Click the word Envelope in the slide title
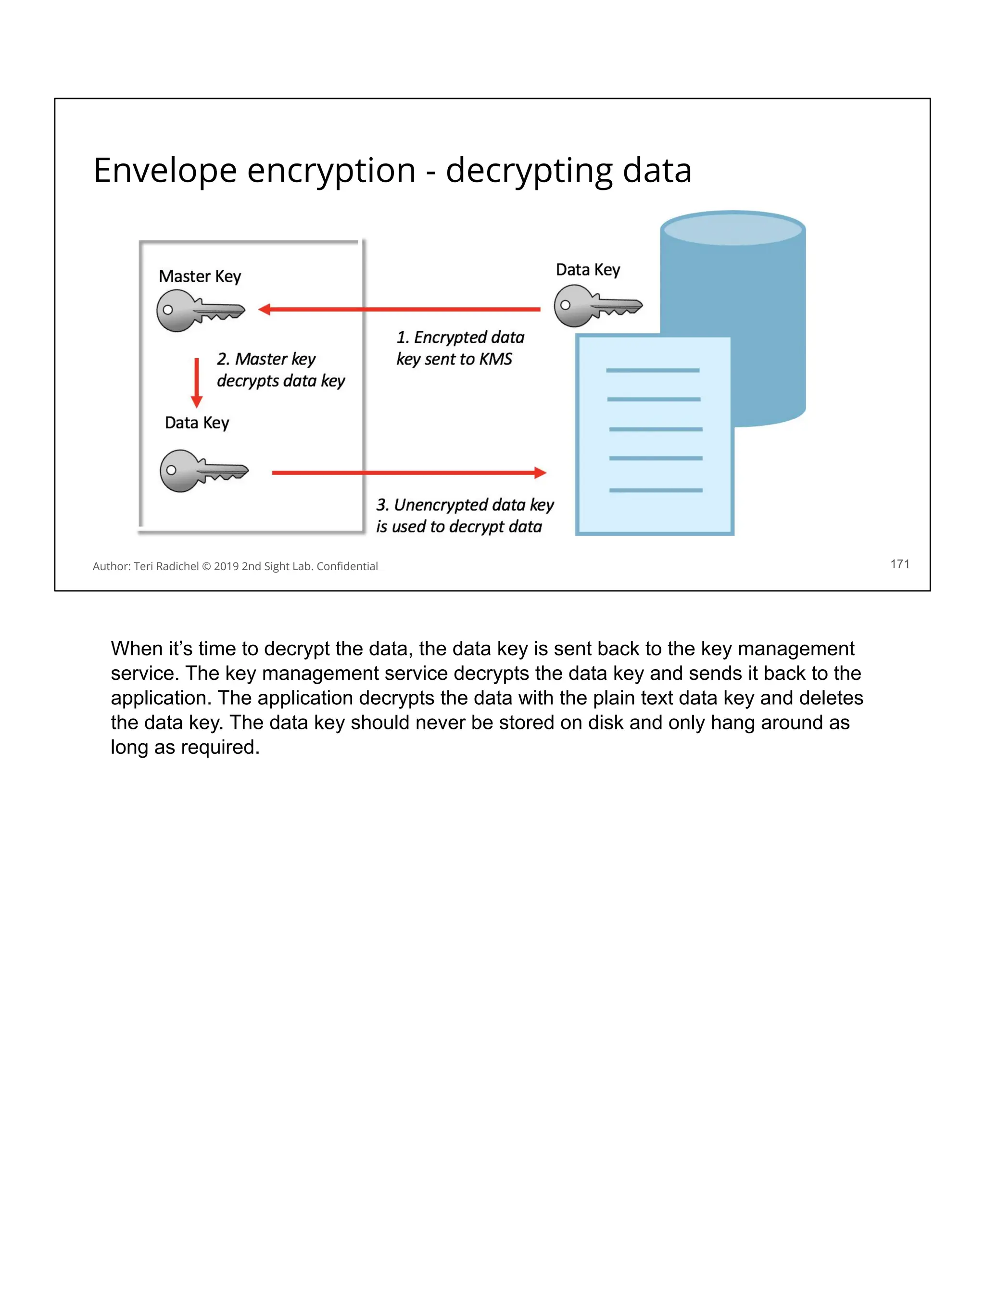coord(165,171)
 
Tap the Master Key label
coord(200,276)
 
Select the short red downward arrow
coord(197,382)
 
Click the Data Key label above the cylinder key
coord(588,270)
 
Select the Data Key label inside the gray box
coord(197,423)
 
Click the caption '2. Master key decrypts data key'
coord(280,370)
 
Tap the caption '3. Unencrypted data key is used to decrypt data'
coord(464,516)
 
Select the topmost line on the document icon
coord(653,370)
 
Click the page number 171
coord(899,564)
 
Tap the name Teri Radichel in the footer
coord(166,566)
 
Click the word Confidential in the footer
coord(347,566)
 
